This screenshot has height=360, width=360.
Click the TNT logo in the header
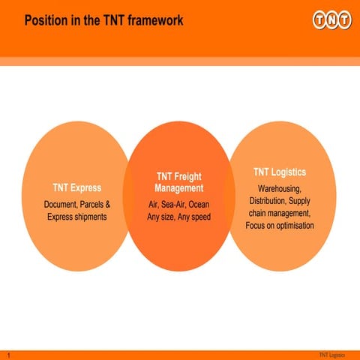(x=331, y=19)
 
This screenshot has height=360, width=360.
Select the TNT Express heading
(x=76, y=187)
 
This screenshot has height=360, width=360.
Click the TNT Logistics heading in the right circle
(x=279, y=172)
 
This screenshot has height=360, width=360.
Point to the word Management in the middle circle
(x=178, y=188)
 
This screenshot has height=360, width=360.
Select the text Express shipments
(x=76, y=217)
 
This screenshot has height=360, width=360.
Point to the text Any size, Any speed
(x=178, y=217)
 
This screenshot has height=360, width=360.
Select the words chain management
(x=279, y=213)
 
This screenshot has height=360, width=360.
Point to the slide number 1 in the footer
(x=6, y=354)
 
